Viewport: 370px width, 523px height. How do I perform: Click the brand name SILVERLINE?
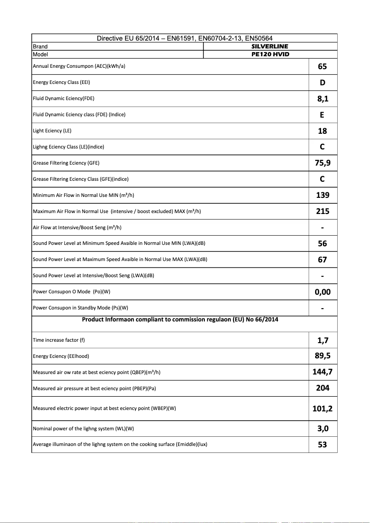click(270, 47)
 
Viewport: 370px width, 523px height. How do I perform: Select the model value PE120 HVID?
click(270, 54)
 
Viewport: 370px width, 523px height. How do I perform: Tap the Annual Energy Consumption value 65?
click(322, 66)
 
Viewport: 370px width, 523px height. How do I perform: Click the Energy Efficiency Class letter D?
click(322, 83)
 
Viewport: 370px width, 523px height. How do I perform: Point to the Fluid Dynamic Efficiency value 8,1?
click(322, 99)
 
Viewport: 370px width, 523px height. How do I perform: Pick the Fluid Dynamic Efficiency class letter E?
click(322, 115)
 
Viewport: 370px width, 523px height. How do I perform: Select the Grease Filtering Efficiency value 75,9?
click(322, 163)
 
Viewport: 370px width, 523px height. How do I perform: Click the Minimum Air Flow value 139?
click(322, 195)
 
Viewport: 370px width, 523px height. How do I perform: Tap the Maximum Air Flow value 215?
click(322, 211)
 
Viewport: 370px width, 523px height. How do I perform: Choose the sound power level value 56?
click(322, 244)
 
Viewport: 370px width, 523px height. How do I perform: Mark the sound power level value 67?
click(322, 260)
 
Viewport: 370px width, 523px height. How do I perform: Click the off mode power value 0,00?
click(322, 292)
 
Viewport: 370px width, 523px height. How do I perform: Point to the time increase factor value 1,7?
click(322, 340)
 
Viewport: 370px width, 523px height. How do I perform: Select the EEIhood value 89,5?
click(322, 356)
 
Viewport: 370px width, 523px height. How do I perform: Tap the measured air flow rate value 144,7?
click(322, 372)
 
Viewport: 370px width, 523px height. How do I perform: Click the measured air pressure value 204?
click(322, 388)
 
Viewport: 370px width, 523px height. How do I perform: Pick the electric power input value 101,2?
click(322, 409)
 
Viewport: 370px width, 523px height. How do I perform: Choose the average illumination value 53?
click(322, 445)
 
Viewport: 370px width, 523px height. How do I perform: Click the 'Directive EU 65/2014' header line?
click(185, 38)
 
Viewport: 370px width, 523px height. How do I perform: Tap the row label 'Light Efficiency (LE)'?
click(52, 131)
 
